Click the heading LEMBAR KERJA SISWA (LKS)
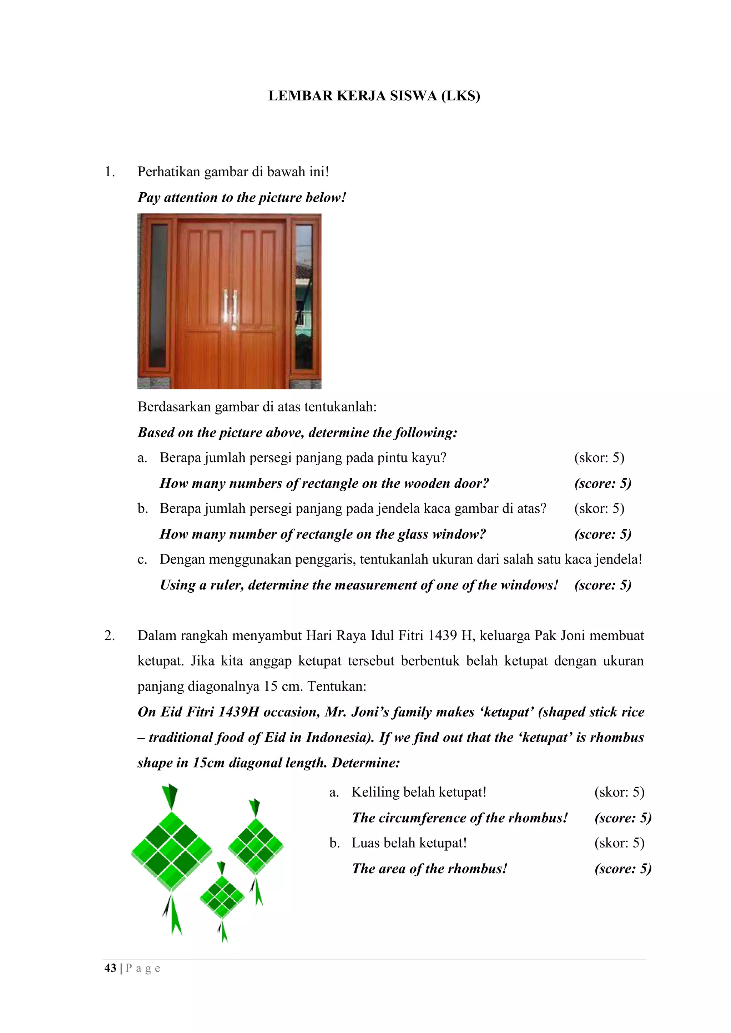[x=374, y=96]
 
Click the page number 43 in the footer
[x=110, y=968]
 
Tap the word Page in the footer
[x=143, y=968]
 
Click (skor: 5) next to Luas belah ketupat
[x=619, y=843]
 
